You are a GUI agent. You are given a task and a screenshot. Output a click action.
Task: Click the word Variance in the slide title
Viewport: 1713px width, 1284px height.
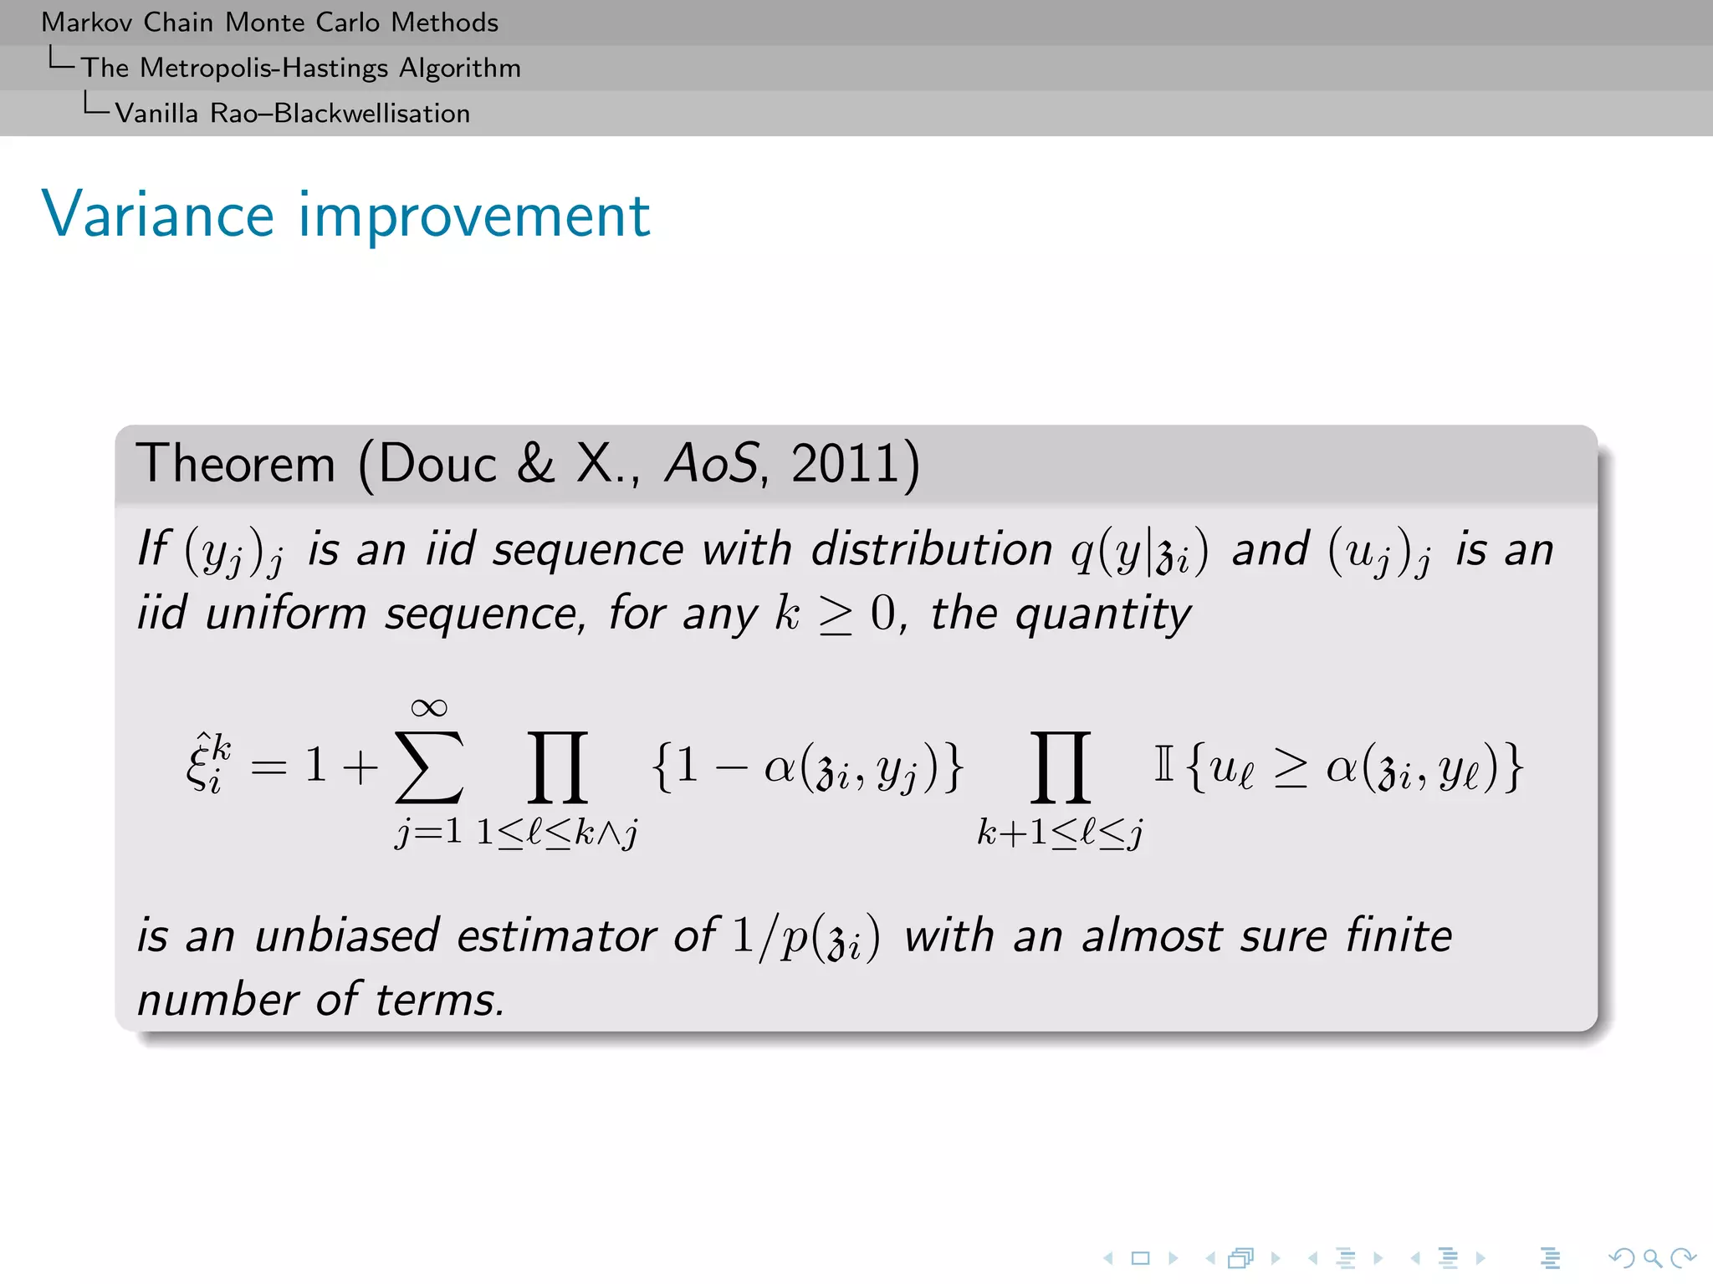coord(158,215)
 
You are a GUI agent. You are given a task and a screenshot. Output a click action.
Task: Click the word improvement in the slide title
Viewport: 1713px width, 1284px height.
coord(474,215)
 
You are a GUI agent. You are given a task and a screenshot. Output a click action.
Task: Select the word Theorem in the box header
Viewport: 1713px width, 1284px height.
coord(235,464)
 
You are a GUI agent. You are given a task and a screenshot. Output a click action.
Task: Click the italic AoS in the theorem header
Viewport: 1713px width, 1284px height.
coord(711,464)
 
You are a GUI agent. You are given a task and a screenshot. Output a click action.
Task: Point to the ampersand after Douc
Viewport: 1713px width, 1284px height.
coord(535,464)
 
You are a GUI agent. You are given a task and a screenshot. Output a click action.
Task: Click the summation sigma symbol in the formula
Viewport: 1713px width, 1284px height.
coord(429,767)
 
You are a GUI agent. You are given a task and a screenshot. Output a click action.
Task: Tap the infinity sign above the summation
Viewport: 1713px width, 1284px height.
coord(429,708)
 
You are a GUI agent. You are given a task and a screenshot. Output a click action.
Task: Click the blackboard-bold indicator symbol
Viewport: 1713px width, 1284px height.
coord(1163,764)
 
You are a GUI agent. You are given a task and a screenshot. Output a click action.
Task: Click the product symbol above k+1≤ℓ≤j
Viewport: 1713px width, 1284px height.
coord(1061,767)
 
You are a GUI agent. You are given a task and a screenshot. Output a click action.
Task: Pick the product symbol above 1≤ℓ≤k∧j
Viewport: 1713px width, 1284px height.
coord(557,767)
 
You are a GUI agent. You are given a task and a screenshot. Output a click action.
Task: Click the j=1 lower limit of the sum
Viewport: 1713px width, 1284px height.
coord(428,832)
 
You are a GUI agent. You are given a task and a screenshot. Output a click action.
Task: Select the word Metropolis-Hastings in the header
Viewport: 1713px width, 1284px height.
coord(264,68)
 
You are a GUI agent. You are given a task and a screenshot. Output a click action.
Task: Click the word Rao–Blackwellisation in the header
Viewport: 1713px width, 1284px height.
coord(340,114)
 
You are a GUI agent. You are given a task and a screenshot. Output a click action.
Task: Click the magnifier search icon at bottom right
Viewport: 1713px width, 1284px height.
coord(1652,1258)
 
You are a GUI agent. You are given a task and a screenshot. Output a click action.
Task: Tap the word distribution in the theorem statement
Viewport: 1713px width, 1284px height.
coord(932,550)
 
